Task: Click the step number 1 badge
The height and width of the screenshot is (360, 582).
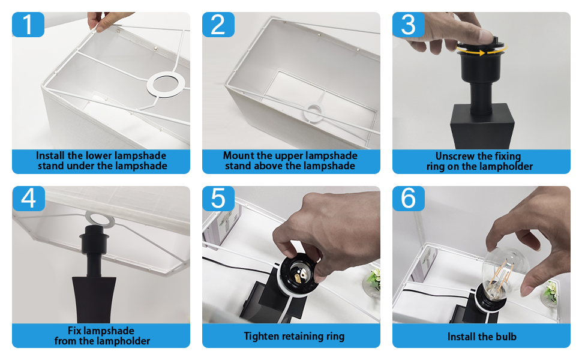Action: (x=28, y=25)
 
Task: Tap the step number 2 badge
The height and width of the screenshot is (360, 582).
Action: (x=218, y=25)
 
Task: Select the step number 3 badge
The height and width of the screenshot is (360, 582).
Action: (x=408, y=25)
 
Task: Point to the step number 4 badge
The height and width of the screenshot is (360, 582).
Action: (x=28, y=199)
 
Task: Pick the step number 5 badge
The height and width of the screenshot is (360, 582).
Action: (x=218, y=199)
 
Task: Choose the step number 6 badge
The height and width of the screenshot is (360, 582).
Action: (x=408, y=199)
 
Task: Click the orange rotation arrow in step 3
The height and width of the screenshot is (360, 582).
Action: (x=481, y=52)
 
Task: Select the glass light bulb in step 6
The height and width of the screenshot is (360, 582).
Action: (x=505, y=274)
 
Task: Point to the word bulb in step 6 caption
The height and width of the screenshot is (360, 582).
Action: (x=506, y=336)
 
